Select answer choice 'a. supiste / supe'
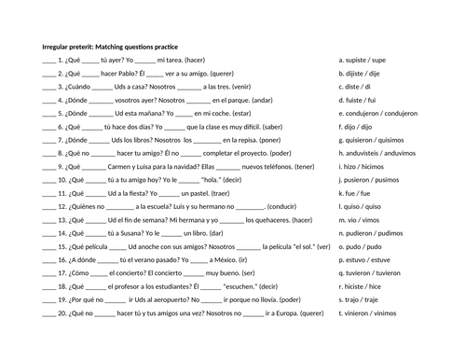click(x=364, y=58)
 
